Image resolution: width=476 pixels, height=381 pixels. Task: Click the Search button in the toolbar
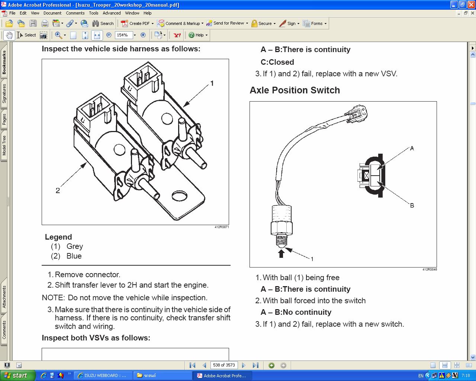tap(103, 23)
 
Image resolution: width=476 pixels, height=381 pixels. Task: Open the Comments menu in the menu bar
tap(75, 13)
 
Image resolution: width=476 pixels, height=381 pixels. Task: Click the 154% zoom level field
tap(123, 35)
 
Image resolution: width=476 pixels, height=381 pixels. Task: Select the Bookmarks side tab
tap(4, 62)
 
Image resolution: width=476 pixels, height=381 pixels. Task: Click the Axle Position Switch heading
tap(295, 90)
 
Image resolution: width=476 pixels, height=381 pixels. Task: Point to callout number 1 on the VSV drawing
tap(212, 83)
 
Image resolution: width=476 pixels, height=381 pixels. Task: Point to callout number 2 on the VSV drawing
tap(58, 190)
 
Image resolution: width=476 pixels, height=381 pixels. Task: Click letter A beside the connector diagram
tap(412, 148)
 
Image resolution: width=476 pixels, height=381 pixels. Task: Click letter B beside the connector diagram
tap(412, 205)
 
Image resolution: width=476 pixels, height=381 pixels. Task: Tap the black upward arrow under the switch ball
tap(281, 253)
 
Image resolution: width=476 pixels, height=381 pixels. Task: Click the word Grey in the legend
tap(74, 246)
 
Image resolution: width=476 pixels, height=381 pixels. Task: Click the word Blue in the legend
tap(74, 256)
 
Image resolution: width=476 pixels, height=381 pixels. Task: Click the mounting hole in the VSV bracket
tap(179, 196)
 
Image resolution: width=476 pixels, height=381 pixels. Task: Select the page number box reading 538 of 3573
tap(224, 365)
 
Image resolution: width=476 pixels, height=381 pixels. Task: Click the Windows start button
tap(17, 375)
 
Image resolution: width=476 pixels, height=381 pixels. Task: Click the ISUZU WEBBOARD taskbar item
tap(103, 375)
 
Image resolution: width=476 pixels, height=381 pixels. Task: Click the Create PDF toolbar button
tap(137, 23)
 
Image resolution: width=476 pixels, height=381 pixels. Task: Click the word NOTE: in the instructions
tap(53, 298)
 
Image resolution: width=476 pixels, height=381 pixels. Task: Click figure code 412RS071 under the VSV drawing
tap(222, 227)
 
